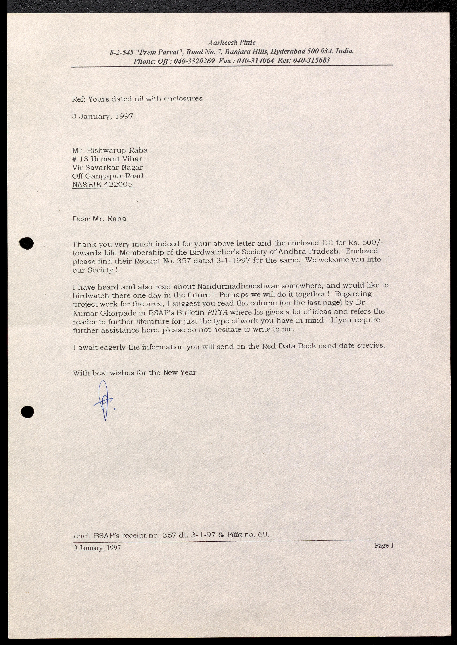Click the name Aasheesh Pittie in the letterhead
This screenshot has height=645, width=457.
coord(232,43)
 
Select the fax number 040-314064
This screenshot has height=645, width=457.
coord(255,61)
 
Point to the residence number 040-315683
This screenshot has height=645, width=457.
coord(311,60)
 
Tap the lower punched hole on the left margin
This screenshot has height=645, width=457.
coord(27,412)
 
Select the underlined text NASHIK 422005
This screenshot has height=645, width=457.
coord(102,185)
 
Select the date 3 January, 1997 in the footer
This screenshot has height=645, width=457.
coord(97,548)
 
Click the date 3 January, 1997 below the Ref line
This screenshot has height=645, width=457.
coord(102,116)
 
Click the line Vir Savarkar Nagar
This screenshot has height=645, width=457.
coord(107,168)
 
